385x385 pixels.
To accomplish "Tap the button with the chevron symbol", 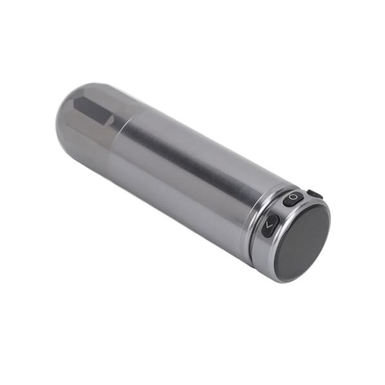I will pyautogui.click(x=269, y=226).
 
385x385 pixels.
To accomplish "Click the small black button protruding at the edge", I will pyautogui.click(x=314, y=194).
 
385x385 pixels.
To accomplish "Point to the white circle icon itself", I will pyautogui.click(x=293, y=198).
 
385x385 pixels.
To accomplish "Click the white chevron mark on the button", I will pyautogui.click(x=269, y=226).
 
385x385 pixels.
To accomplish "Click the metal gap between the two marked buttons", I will pyautogui.click(x=281, y=212).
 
